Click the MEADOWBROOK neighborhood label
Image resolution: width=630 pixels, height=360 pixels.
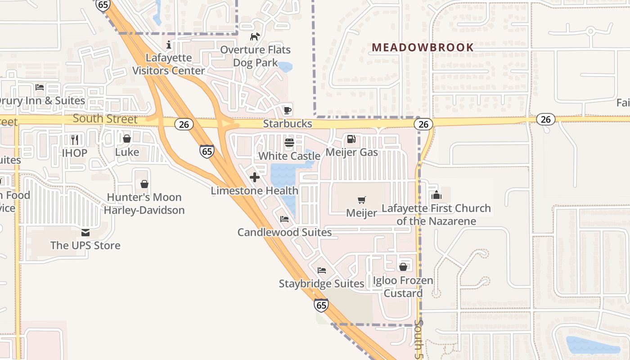423,47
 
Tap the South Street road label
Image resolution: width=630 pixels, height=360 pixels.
105,119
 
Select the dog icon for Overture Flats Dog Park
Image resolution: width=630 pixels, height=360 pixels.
255,36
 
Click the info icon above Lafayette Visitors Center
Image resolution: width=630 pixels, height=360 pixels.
169,45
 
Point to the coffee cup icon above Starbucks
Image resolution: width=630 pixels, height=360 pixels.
287,110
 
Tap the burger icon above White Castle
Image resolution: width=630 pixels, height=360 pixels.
289,143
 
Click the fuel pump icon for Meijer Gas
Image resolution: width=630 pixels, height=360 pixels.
351,139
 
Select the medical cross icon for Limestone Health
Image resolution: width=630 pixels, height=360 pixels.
255,177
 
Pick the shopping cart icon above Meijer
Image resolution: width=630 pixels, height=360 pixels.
361,199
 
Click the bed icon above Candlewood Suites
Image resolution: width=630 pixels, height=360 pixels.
284,219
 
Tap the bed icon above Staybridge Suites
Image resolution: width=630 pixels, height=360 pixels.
321,270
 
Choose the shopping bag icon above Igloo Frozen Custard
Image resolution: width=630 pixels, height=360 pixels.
403,267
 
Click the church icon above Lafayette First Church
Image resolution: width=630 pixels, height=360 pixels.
436,195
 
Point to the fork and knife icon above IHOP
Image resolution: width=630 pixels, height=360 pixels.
75,139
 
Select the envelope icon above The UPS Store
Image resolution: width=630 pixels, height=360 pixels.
85,232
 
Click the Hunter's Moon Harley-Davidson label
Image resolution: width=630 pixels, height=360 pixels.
144,203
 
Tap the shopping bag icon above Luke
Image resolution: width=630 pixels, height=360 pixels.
127,139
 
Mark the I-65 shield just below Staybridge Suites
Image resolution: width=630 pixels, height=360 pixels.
321,305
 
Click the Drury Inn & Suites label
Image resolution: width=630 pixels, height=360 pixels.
43,100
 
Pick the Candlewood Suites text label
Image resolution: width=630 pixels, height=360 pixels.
284,232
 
